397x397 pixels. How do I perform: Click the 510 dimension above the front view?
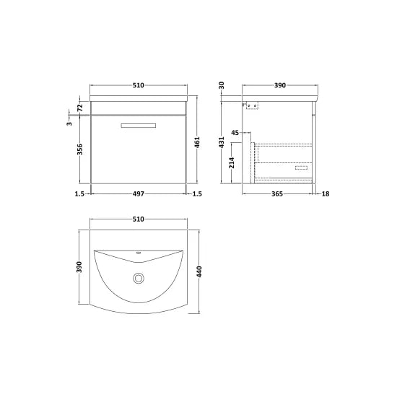(138, 85)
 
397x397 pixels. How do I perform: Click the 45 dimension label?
(235, 133)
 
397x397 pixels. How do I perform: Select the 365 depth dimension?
(276, 194)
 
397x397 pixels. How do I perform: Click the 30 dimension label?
(223, 85)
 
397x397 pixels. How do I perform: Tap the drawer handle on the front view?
(138, 127)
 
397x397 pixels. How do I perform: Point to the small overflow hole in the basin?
(138, 255)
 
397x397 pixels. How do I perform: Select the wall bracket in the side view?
(253, 106)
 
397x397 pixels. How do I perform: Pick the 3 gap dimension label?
(69, 123)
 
